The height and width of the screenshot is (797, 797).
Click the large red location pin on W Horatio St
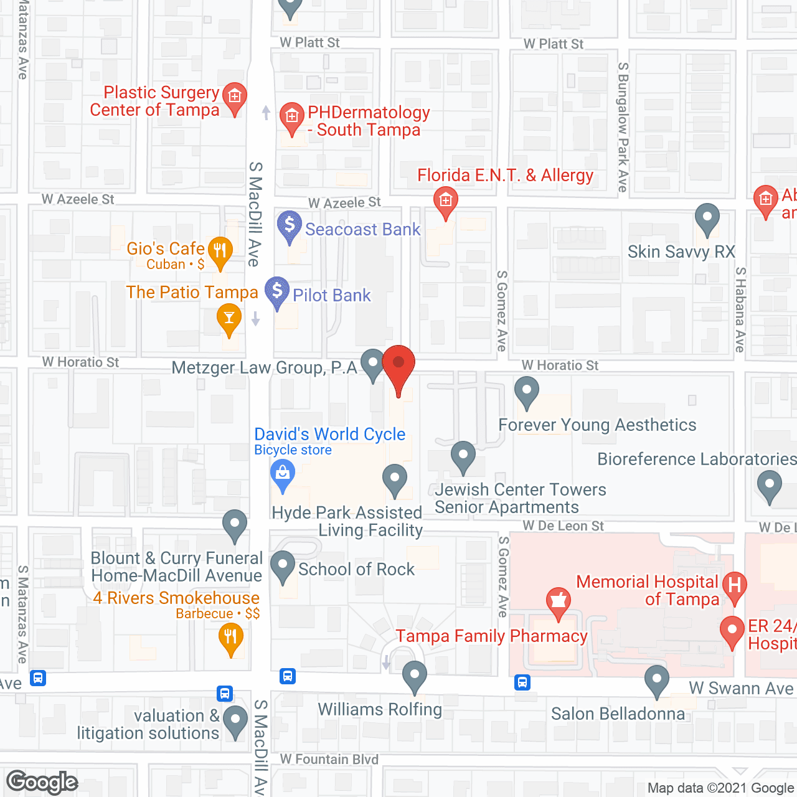click(398, 365)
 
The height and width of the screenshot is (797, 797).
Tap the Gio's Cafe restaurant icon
click(220, 251)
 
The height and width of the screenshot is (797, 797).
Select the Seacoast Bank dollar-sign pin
click(290, 225)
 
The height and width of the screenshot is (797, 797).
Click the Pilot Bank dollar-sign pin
click(277, 291)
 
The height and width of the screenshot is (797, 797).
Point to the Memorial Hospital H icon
click(735, 585)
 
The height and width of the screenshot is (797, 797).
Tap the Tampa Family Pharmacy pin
click(559, 601)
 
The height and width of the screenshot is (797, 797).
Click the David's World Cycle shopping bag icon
click(283, 474)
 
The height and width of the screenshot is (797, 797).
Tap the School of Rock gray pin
click(283, 565)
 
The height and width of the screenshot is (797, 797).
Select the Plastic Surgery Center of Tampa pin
click(235, 97)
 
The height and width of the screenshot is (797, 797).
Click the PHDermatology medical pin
click(291, 116)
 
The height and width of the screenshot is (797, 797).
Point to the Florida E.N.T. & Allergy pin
click(445, 200)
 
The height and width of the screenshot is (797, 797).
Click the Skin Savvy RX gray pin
click(707, 218)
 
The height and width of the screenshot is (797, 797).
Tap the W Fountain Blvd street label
click(329, 759)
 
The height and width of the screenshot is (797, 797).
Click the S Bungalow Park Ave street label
click(623, 127)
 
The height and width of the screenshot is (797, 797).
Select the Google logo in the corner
click(42, 782)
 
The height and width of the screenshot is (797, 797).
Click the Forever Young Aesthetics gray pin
click(527, 391)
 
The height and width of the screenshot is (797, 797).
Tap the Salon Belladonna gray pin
click(657, 679)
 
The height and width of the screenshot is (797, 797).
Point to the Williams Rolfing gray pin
click(414, 675)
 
